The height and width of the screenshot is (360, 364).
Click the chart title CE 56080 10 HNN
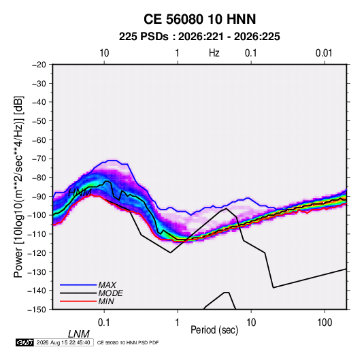199,19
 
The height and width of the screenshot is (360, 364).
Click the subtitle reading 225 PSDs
144,37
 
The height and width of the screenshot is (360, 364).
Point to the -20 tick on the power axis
39,65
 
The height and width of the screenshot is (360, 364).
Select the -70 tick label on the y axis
39,159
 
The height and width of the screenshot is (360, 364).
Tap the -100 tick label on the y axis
37,215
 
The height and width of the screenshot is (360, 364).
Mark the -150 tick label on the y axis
37,310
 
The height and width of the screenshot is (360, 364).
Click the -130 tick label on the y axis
37,272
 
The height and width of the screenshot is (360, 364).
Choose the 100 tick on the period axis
325,323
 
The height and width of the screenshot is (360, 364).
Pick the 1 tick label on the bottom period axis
178,323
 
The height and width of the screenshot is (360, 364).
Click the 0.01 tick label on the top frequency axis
324,53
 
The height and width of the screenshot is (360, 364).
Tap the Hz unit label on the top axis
214,53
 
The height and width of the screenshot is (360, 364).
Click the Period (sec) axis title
214,329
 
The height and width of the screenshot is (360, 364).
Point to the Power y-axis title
18,187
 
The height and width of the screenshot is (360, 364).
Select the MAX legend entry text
107,284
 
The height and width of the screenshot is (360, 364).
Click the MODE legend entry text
110,293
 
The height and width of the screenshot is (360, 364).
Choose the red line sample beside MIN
78,301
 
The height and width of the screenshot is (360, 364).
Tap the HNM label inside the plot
80,193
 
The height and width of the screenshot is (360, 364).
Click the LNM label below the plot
79,334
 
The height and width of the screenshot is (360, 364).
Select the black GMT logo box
24,342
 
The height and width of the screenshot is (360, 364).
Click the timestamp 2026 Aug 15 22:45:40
63,342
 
